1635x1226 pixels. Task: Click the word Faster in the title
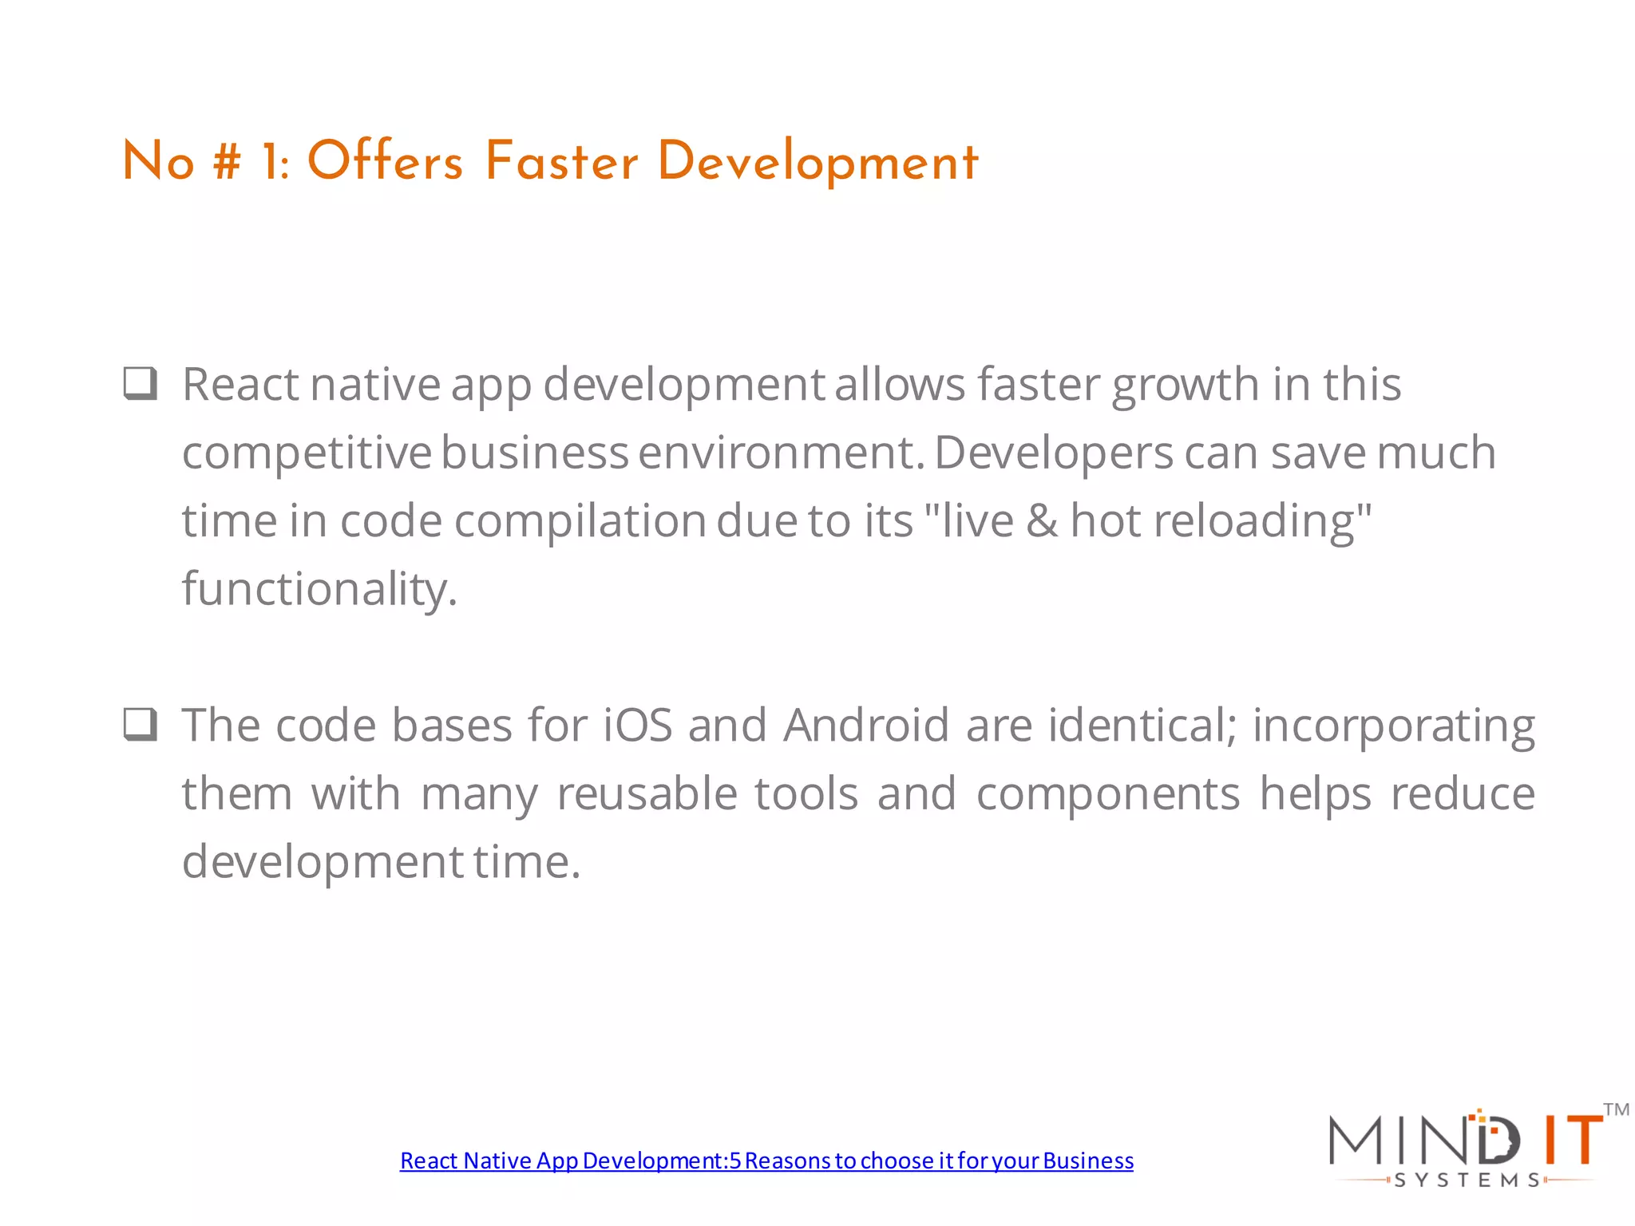(561, 161)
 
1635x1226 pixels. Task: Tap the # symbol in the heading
(227, 161)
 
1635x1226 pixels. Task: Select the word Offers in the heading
(385, 161)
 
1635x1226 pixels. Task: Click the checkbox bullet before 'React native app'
(141, 383)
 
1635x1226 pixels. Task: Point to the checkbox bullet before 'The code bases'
(141, 725)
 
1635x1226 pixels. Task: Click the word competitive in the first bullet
(307, 453)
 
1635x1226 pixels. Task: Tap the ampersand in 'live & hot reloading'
(1042, 520)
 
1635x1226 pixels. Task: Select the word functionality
(319, 589)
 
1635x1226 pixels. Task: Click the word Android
(865, 726)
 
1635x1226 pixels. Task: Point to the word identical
(1142, 726)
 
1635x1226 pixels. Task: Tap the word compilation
(580, 521)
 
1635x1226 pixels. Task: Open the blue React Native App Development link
(766, 1161)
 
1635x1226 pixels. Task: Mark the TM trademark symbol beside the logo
(1616, 1109)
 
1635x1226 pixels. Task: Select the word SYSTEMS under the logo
(1467, 1181)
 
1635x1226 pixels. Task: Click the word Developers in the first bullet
(1054, 453)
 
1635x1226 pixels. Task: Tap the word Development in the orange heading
(817, 163)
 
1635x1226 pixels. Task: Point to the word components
(1108, 794)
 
